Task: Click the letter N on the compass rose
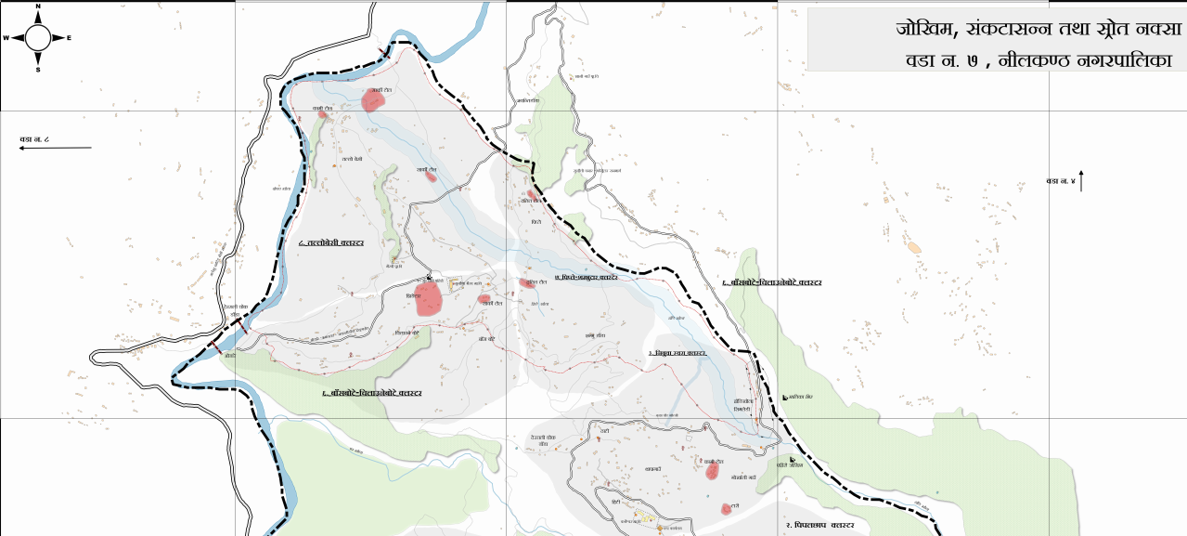(x=38, y=7)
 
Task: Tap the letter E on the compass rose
(x=70, y=38)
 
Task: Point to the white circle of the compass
(x=38, y=38)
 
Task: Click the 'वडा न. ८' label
(x=34, y=139)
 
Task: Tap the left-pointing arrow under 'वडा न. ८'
(x=56, y=148)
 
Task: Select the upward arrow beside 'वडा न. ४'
(x=1081, y=181)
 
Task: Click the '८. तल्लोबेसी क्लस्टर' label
(x=331, y=242)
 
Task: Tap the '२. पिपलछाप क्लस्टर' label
(x=819, y=526)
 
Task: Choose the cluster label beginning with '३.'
(x=678, y=354)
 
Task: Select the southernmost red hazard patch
(x=726, y=509)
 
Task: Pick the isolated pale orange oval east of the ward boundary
(x=915, y=248)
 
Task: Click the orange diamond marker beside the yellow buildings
(x=660, y=528)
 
